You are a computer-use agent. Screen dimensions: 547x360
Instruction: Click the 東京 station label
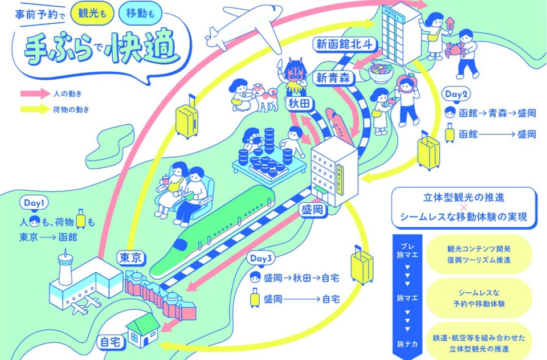click(x=130, y=258)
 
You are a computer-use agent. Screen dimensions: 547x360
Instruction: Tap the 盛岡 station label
click(x=313, y=210)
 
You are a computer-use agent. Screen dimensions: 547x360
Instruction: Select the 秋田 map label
click(x=299, y=103)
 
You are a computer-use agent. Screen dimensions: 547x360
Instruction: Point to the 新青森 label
click(x=333, y=78)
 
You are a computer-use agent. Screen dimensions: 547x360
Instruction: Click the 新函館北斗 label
click(x=344, y=44)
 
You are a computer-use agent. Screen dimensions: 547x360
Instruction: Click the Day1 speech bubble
click(x=34, y=203)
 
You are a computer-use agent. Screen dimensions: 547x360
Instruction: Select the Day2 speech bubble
click(x=456, y=94)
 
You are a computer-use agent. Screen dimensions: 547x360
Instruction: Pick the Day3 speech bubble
click(x=261, y=259)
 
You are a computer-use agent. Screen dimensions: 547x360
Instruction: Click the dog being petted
click(x=263, y=97)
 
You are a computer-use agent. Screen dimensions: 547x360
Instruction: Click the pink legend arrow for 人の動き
click(x=35, y=93)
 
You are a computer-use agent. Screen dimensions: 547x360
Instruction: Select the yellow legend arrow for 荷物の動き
click(x=35, y=109)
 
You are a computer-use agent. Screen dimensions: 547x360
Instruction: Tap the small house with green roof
click(x=142, y=330)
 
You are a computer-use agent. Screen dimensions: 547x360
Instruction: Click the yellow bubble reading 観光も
click(x=92, y=13)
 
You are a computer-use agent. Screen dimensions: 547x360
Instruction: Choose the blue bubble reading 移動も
click(x=140, y=13)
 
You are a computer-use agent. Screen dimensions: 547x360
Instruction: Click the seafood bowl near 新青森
click(x=381, y=71)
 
